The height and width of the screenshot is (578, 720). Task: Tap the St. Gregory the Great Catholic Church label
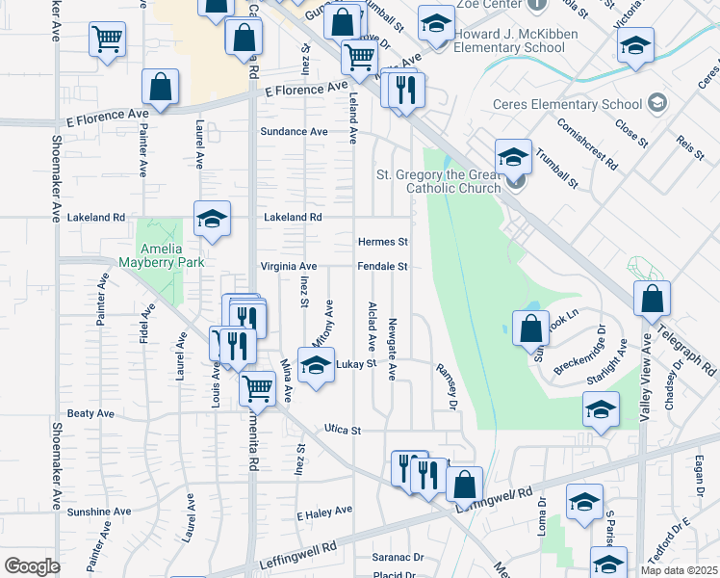click(438, 181)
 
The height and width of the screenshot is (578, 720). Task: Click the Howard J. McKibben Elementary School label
click(509, 40)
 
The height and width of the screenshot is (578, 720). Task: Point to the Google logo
click(32, 565)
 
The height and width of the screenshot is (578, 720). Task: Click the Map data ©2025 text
click(680, 570)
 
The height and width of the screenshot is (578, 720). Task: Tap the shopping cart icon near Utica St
click(257, 387)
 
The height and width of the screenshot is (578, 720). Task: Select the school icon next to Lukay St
click(315, 364)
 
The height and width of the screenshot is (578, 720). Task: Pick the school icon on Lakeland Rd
click(212, 218)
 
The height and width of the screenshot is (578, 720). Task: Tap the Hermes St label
click(383, 242)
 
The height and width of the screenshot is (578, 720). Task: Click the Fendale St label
click(383, 266)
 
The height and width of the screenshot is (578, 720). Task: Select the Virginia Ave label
click(288, 266)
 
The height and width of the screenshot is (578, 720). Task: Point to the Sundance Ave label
click(295, 131)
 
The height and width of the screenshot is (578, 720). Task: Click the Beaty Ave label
click(90, 413)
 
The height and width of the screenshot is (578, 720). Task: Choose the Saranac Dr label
click(398, 557)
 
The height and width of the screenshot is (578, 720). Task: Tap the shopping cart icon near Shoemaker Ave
click(107, 39)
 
